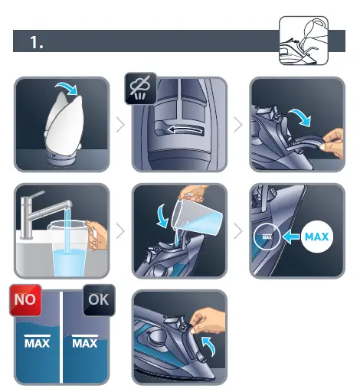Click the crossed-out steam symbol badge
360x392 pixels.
click(x=140, y=90)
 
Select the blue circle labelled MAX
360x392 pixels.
click(x=316, y=237)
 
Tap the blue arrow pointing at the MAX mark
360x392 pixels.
click(x=290, y=237)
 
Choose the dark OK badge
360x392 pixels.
click(x=97, y=299)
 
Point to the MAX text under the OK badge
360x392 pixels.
click(x=84, y=342)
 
